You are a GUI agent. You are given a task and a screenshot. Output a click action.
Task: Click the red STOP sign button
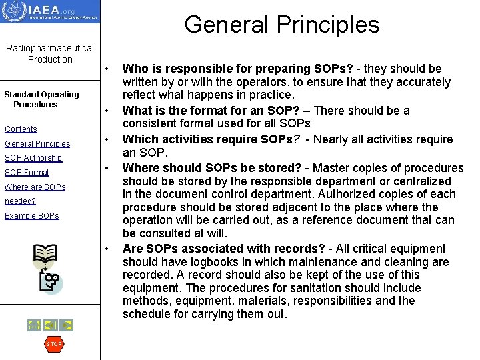point(53,344)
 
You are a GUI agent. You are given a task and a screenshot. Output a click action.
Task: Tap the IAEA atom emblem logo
point(14,11)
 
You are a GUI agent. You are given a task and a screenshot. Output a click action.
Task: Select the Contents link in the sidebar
point(21,129)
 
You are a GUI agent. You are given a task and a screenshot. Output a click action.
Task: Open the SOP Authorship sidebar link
point(33,158)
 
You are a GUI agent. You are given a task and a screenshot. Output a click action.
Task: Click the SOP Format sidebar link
point(27,173)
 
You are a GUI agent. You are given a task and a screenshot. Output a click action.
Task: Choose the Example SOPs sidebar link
point(32,216)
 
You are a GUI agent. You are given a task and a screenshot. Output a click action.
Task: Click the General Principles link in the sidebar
point(37,144)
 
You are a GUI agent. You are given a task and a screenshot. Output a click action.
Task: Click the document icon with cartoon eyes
point(51,282)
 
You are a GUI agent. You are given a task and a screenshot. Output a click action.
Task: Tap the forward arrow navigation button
point(67,325)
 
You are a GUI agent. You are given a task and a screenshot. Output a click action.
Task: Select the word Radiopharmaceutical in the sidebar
point(50,48)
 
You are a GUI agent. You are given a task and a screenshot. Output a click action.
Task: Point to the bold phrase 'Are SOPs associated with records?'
point(224,249)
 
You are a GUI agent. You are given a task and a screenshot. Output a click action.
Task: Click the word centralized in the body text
point(422,181)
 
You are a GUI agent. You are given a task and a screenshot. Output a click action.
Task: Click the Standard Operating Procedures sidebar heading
point(41,99)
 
